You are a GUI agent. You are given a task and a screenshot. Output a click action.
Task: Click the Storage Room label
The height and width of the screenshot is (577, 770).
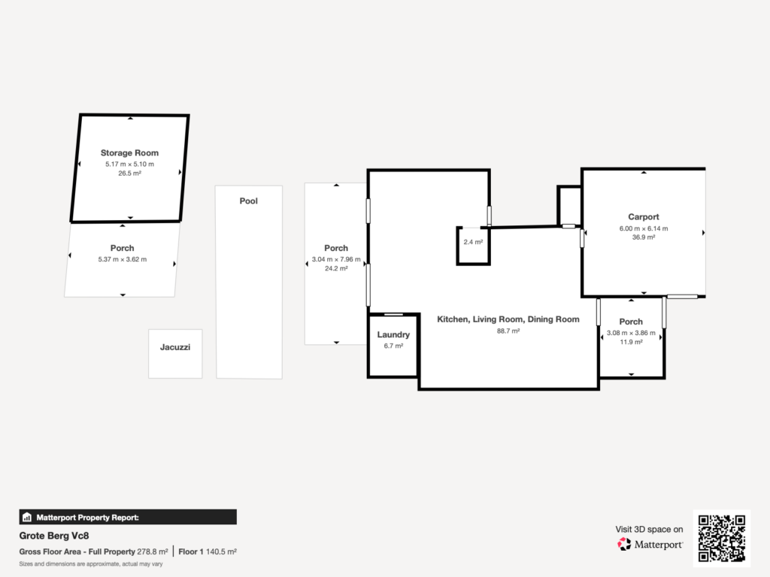click(129, 153)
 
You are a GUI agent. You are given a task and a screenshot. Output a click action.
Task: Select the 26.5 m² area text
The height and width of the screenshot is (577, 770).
click(129, 173)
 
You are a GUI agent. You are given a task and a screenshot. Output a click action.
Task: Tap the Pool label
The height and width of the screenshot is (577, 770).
click(248, 201)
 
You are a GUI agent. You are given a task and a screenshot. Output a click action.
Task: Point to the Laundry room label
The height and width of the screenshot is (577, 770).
click(393, 335)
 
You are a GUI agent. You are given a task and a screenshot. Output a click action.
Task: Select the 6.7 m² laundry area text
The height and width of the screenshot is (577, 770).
click(393, 346)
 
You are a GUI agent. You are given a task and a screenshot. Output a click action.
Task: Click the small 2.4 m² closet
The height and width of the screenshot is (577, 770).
click(473, 243)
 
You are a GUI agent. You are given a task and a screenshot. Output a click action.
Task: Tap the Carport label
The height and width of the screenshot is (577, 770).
click(643, 217)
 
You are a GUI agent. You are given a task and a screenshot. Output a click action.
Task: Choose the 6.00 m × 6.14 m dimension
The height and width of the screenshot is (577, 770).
click(643, 228)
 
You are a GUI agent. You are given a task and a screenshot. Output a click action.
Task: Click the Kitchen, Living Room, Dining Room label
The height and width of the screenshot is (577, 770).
click(508, 319)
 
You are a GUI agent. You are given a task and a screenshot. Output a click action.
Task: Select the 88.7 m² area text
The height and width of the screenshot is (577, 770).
click(508, 331)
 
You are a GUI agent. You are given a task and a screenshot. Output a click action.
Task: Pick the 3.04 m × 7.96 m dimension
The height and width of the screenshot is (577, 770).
click(336, 260)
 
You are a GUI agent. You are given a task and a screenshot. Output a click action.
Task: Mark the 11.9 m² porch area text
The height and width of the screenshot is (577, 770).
click(631, 342)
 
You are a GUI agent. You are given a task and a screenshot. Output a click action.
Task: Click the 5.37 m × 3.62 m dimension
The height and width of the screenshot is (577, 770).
click(122, 259)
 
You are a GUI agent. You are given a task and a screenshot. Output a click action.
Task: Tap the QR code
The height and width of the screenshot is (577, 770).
click(721, 538)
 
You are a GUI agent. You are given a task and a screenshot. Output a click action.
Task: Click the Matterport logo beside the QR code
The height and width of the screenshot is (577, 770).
click(650, 544)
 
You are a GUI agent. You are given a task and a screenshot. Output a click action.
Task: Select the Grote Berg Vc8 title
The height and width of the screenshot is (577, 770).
click(49, 537)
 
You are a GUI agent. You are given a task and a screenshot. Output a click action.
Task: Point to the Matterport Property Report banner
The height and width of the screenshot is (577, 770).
click(128, 517)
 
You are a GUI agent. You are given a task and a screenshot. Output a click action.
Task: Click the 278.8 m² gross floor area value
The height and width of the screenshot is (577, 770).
click(153, 551)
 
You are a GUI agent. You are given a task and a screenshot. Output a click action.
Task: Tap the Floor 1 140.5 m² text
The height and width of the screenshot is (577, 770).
click(208, 551)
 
